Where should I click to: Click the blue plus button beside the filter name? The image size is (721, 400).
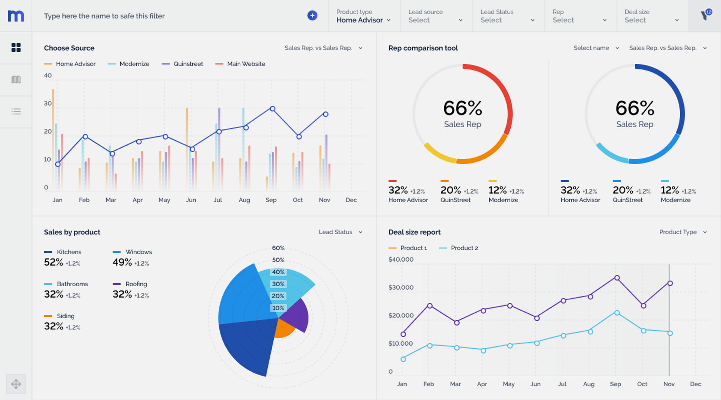click(x=312, y=15)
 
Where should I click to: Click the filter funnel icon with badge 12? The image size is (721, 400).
click(x=705, y=15)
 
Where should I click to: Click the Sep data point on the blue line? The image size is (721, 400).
click(x=273, y=109)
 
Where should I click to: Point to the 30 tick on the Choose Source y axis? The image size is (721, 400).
click(x=48, y=103)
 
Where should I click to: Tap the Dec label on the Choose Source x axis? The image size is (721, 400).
click(x=351, y=200)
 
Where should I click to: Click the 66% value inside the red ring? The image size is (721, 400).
click(x=462, y=108)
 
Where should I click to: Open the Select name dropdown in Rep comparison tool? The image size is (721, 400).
click(x=596, y=48)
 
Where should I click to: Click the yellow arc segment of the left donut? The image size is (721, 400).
click(x=438, y=155)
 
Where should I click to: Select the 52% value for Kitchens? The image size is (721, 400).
click(x=54, y=262)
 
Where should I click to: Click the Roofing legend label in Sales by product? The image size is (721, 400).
click(x=136, y=284)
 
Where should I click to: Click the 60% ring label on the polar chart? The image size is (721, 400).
click(x=278, y=248)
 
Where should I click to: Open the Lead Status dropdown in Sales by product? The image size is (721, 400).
click(x=340, y=232)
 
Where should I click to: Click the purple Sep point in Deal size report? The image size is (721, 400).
click(x=617, y=278)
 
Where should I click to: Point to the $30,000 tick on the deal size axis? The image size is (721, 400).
click(x=401, y=287)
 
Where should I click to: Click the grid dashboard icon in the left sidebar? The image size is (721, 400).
click(x=16, y=47)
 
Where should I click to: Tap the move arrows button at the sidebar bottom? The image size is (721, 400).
click(x=16, y=384)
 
